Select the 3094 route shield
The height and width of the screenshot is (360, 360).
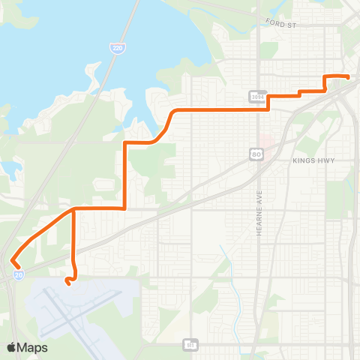[256, 96]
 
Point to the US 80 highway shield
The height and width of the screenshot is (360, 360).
[256, 154]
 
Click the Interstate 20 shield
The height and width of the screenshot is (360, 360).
[18, 275]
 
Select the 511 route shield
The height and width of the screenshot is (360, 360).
[190, 345]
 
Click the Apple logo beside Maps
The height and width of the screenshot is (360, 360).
[12, 347]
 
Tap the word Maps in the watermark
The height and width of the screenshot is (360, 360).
[32, 347]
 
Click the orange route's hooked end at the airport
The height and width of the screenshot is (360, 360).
[67, 283]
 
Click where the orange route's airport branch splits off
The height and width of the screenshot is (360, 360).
[73, 209]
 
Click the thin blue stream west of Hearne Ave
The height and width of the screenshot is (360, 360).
[235, 292]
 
